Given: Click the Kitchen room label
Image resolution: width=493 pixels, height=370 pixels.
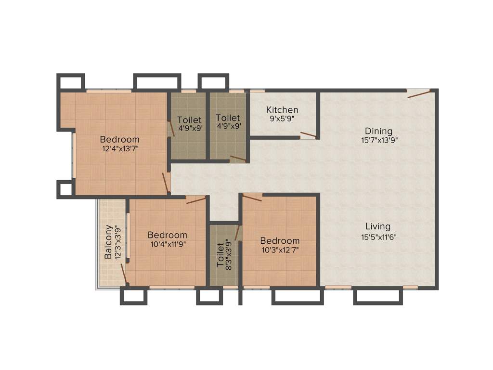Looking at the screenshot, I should [x=282, y=110].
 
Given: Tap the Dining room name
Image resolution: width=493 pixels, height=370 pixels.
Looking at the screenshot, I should [x=378, y=131].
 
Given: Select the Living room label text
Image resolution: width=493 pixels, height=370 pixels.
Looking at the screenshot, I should [x=377, y=226].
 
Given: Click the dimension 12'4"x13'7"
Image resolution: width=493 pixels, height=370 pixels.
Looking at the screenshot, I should [x=120, y=149].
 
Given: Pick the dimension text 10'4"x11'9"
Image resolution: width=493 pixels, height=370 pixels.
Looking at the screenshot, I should [x=168, y=244].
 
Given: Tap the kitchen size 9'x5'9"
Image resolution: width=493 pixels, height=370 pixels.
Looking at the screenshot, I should [x=282, y=119].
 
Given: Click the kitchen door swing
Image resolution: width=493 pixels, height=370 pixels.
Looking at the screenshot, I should [x=308, y=134].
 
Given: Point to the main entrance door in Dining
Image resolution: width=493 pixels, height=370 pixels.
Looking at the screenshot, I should [x=418, y=93].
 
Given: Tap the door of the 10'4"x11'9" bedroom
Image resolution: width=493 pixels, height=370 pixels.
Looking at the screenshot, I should [x=196, y=199].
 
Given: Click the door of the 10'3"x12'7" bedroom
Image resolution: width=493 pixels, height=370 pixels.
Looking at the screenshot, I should [x=252, y=197].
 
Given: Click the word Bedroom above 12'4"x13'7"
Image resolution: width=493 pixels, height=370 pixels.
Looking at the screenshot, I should [x=120, y=140].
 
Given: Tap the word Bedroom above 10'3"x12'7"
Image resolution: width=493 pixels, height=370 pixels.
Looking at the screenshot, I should [x=280, y=240].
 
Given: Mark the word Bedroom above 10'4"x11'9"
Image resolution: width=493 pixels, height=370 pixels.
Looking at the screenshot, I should [x=168, y=235].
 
